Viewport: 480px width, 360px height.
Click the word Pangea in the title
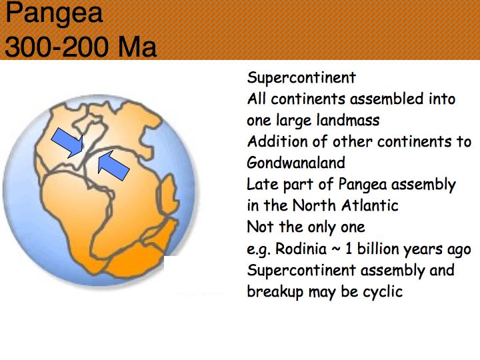(54, 13)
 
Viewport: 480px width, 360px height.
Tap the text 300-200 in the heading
(57, 47)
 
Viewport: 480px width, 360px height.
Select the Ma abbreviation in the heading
(137, 47)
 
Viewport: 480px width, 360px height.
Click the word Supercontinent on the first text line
(301, 78)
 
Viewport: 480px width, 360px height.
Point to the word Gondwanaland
(296, 163)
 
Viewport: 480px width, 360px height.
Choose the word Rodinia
(301, 249)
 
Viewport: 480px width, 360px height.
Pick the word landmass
(348, 120)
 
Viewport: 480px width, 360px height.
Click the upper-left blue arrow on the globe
(68, 143)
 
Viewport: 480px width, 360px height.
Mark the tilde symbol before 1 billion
(336, 249)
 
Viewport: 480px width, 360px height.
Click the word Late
(262, 184)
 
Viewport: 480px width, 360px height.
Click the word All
(256, 99)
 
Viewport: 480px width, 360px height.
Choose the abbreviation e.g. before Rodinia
(259, 249)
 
